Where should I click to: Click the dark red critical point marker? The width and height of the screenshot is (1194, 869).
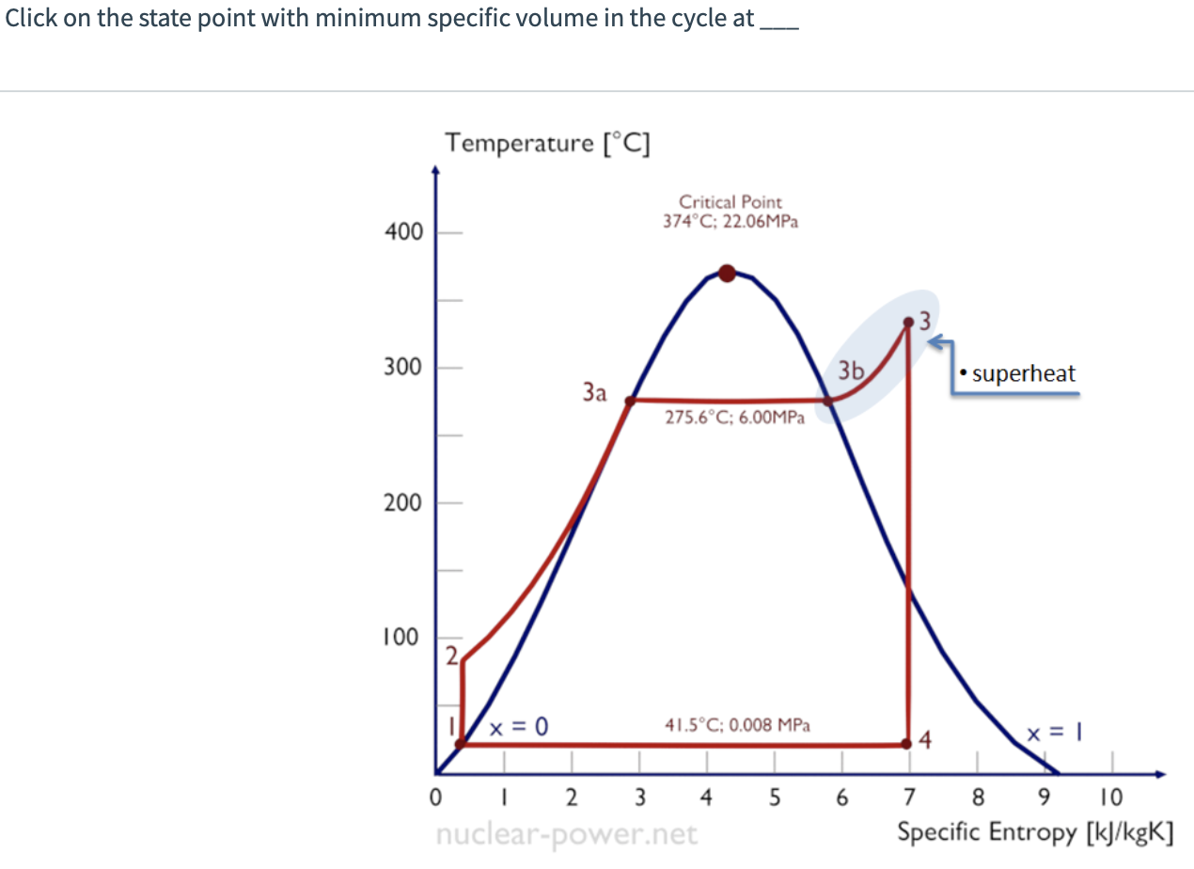tap(727, 274)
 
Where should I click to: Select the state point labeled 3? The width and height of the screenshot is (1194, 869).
tap(908, 322)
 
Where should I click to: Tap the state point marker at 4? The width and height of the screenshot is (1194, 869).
tap(907, 743)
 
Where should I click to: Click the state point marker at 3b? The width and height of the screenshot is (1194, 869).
tap(828, 401)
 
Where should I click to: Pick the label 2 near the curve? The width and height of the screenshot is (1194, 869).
tap(451, 656)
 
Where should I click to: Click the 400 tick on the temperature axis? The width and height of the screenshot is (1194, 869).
tap(403, 232)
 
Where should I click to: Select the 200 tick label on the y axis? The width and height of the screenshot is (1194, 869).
tap(403, 503)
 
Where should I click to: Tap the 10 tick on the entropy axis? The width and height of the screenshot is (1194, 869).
tap(1112, 798)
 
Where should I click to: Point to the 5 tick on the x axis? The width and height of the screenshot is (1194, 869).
tap(775, 798)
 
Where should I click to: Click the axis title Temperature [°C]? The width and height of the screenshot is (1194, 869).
tap(550, 143)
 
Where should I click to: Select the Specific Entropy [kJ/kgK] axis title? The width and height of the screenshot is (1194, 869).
tap(1035, 832)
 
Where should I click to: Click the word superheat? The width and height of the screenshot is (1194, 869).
tap(1024, 373)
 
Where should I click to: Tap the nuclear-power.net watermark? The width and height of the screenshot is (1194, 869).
tap(567, 833)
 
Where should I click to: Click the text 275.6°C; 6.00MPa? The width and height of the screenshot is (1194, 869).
tap(734, 419)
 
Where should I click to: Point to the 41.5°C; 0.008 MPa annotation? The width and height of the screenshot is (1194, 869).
tap(737, 725)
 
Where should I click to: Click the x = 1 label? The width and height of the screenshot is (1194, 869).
tap(1049, 731)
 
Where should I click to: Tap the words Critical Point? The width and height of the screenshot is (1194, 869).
tap(731, 202)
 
